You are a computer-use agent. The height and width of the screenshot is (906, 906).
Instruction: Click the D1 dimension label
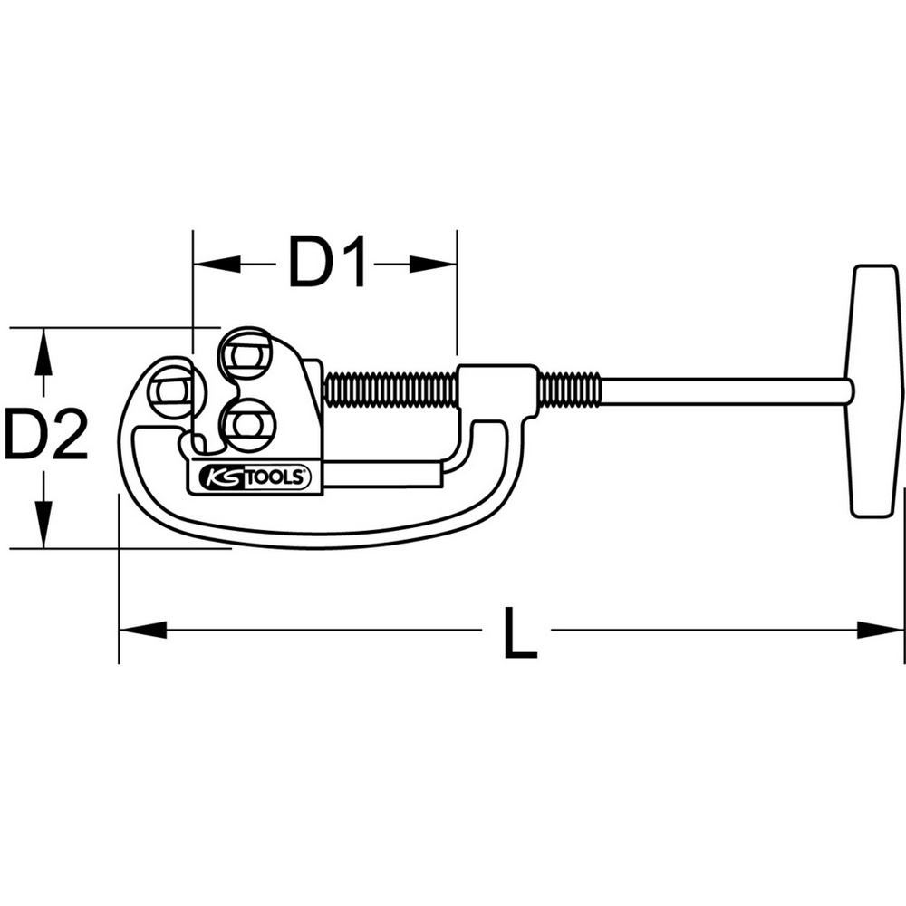[326, 263]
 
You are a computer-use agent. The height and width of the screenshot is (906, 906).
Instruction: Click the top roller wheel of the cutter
[244, 354]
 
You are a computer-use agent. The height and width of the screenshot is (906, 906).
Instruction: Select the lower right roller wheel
[248, 425]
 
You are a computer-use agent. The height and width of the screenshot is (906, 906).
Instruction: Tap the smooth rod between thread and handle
[727, 391]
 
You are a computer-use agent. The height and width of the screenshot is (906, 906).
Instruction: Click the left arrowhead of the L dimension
[142, 630]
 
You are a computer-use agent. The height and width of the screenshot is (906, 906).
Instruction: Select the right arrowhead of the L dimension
[880, 630]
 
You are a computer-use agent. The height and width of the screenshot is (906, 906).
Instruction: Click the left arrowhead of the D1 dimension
[217, 264]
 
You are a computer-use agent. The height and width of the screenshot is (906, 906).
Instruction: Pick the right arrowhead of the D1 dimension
[433, 264]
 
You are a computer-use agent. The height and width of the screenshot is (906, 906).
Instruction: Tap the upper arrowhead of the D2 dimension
[43, 352]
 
